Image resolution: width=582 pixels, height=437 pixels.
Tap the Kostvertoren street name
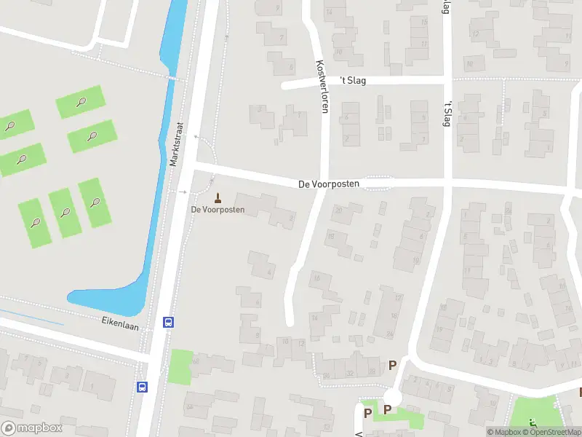pyautogui.click(x=321, y=85)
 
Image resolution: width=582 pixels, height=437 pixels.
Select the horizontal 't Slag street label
pyautogui.click(x=353, y=80)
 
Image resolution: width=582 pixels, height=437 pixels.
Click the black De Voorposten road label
pyautogui.click(x=329, y=184)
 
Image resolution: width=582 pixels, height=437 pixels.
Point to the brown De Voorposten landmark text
pyautogui.click(x=218, y=210)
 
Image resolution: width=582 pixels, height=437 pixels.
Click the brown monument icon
pyautogui.click(x=217, y=197)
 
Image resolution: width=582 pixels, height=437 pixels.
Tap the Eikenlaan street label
pyautogui.click(x=119, y=320)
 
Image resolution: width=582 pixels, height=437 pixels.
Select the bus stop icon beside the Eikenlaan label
pyautogui.click(x=168, y=322)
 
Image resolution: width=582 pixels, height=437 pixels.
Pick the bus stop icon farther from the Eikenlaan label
pyautogui.click(x=143, y=387)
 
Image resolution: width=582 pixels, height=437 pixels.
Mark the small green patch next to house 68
pyautogui.click(x=180, y=367)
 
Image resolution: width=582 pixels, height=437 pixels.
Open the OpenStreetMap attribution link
pyautogui.click(x=552, y=432)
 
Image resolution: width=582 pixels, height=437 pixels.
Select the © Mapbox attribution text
pyautogui.click(x=503, y=432)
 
